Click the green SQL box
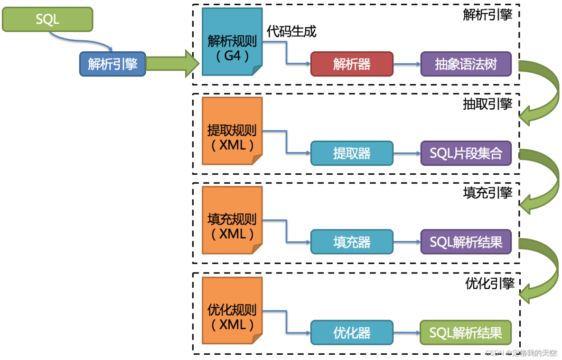click(47, 19)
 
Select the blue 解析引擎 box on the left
click(112, 64)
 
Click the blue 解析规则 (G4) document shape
click(232, 47)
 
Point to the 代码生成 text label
click(291, 31)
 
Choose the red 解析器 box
click(352, 64)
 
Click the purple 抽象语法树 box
click(466, 64)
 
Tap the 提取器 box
click(352, 153)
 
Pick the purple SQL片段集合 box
click(466, 153)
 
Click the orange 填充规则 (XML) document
click(232, 226)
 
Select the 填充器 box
click(352, 242)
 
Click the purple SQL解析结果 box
click(466, 242)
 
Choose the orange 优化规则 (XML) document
click(232, 317)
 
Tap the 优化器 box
click(352, 332)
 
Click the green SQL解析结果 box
click(466, 332)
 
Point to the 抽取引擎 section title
click(487, 104)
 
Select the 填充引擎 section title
click(487, 193)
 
